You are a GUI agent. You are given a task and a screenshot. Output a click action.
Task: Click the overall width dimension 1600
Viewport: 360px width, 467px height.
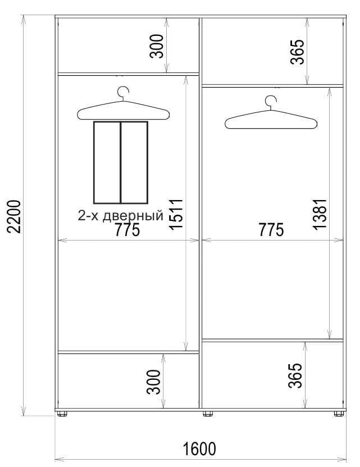[x=199, y=449]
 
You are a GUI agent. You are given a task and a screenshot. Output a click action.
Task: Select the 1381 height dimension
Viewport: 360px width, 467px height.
[x=320, y=214]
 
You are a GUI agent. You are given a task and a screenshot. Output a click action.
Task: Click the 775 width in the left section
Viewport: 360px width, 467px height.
[x=127, y=230]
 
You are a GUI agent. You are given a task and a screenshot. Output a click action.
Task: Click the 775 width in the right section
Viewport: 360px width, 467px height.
[x=271, y=230]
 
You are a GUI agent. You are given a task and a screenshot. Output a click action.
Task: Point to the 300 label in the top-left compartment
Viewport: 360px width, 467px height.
[x=157, y=46]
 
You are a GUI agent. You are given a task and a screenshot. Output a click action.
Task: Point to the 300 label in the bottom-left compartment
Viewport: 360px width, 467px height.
[x=154, y=382]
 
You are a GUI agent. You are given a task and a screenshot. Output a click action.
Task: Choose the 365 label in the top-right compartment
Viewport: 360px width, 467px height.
[x=298, y=52]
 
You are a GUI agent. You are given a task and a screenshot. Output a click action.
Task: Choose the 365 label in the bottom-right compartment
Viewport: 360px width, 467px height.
[x=295, y=375]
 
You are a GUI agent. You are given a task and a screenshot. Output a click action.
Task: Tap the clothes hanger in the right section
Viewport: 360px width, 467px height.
[x=271, y=119]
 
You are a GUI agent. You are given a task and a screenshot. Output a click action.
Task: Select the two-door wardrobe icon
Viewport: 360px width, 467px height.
[x=121, y=162]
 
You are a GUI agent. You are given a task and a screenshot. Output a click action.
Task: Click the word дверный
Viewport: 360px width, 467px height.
[x=133, y=216]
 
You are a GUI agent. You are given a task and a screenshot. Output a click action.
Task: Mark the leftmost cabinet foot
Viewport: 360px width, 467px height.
[x=62, y=414]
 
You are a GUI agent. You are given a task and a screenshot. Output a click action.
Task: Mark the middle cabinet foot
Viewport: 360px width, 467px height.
[x=208, y=414]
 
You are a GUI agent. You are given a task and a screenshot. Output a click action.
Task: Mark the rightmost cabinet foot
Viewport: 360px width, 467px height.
[x=339, y=414]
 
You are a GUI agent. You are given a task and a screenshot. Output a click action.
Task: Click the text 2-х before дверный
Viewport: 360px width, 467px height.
[x=88, y=215]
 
